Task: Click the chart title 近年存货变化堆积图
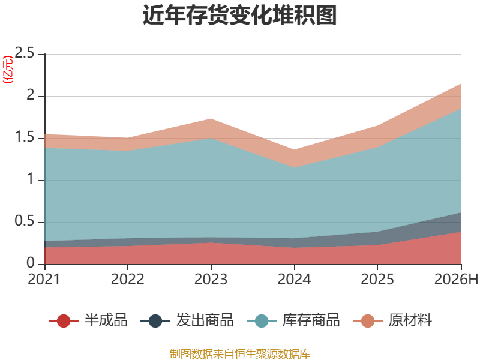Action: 239,14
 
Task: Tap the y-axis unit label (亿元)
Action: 8,70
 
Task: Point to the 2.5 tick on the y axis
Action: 25,53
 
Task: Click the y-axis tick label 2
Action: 31,95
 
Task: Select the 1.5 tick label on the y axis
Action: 25,137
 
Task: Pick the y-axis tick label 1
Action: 31,179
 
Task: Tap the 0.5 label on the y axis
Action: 25,221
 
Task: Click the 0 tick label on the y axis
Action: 31,263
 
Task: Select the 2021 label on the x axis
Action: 44,279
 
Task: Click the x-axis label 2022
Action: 127,279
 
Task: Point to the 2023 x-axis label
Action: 211,279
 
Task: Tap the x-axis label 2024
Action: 294,279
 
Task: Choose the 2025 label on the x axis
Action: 377,279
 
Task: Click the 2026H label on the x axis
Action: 456,279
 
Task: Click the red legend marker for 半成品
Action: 64,321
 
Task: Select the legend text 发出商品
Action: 205,320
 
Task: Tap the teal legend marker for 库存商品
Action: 262,321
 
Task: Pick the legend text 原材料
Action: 410,320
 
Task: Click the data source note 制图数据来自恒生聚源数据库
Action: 239,354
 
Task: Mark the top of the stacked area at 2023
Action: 211,118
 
